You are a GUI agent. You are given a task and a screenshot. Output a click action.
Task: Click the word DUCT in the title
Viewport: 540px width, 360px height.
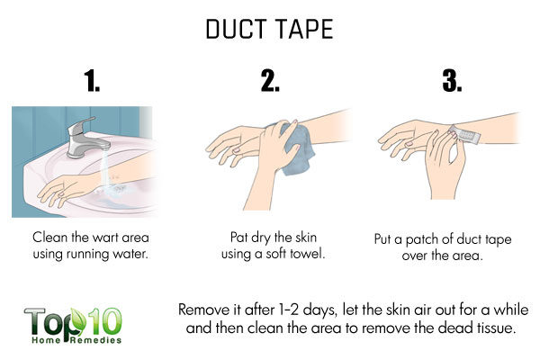[x=236, y=29]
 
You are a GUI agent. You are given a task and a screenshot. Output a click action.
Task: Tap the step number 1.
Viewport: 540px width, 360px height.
[x=92, y=81]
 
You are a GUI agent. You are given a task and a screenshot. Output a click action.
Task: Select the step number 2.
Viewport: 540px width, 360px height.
[x=270, y=81]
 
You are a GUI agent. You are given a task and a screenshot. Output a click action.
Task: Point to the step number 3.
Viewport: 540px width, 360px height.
[x=452, y=81]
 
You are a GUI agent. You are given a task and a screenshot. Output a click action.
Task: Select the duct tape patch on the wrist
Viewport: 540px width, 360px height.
[x=464, y=135]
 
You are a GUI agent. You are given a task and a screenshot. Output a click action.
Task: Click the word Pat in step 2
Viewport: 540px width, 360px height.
[x=239, y=238]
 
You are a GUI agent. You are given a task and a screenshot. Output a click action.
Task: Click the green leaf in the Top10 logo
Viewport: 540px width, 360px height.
[x=77, y=322]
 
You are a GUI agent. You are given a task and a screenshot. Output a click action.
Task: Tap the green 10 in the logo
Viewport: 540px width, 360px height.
[x=104, y=321]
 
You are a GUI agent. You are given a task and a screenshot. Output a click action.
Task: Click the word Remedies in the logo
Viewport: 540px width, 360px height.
[x=96, y=340]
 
